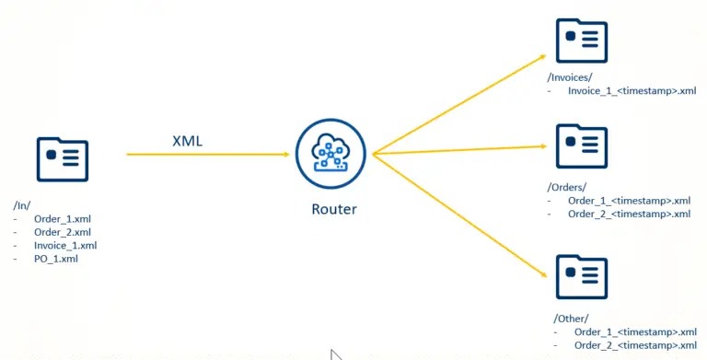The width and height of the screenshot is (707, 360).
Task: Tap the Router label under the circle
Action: click(x=332, y=210)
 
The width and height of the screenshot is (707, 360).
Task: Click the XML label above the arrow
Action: click(x=188, y=141)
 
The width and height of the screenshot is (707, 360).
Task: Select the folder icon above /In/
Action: click(x=63, y=160)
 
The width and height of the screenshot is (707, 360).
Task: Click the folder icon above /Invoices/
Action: click(x=582, y=41)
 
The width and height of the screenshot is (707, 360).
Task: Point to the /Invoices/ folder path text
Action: click(x=570, y=78)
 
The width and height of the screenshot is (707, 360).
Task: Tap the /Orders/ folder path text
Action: click(x=566, y=187)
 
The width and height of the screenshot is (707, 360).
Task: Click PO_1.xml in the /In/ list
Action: click(x=56, y=259)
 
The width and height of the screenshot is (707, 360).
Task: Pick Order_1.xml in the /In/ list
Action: click(x=62, y=219)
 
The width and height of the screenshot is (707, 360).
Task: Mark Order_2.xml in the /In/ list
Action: click(x=62, y=232)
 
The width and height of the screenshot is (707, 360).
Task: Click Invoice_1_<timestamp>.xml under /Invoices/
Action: click(x=632, y=91)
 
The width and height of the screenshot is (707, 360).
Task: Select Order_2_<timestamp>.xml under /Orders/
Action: click(x=629, y=214)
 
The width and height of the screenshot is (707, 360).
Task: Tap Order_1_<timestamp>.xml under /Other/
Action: click(x=635, y=331)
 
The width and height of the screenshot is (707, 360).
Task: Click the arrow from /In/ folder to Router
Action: click(x=207, y=154)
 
